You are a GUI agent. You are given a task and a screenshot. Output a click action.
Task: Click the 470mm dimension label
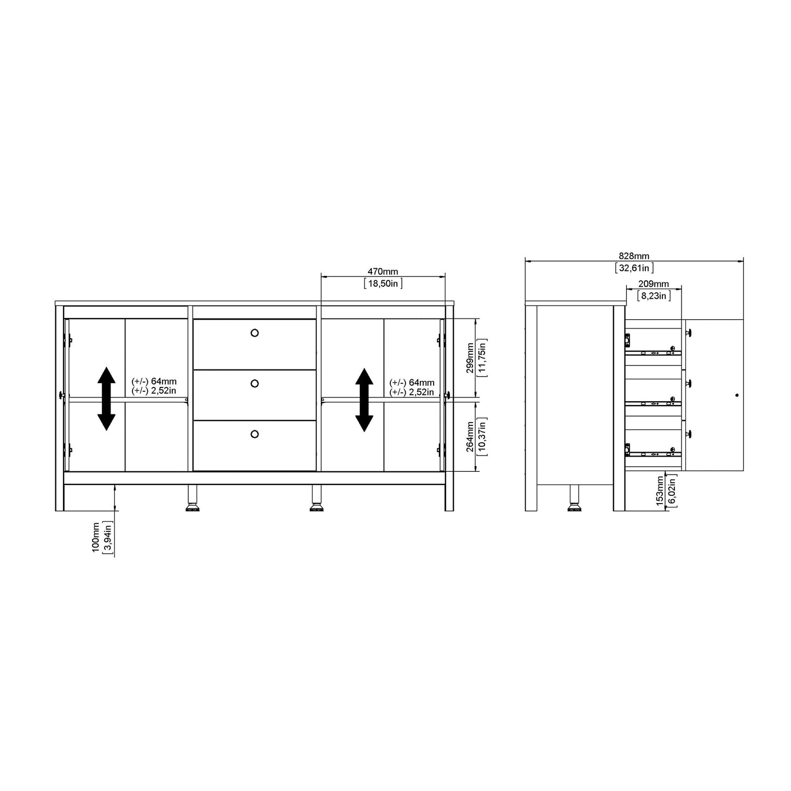point(382,272)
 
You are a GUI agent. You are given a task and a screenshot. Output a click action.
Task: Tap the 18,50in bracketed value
point(382,283)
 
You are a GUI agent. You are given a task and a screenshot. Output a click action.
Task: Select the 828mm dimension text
point(633,256)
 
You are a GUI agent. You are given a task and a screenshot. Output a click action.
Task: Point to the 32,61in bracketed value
point(633,268)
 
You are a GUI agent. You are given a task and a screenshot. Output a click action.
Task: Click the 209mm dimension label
point(654,284)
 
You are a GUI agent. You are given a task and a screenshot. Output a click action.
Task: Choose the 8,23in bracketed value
point(654,296)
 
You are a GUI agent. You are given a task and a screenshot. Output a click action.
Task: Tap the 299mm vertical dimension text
point(470,357)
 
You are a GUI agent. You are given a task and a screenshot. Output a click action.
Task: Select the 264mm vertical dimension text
point(470,436)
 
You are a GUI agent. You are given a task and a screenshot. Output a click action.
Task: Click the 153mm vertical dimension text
point(660,490)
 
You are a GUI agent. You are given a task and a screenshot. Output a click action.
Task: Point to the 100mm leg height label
point(96,537)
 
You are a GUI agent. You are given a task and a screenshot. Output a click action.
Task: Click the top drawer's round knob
point(254,333)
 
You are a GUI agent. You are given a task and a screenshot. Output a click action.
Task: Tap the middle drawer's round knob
point(254,384)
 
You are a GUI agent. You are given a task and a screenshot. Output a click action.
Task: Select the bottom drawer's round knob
point(254,434)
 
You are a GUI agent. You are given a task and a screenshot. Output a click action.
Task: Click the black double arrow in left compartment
point(106,399)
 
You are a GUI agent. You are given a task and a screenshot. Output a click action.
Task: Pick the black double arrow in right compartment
point(364,400)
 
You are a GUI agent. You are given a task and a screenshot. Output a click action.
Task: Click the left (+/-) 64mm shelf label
point(154,382)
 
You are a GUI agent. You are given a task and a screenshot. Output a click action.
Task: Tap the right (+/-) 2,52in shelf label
point(412,392)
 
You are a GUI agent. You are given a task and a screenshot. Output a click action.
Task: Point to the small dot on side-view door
point(737,395)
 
